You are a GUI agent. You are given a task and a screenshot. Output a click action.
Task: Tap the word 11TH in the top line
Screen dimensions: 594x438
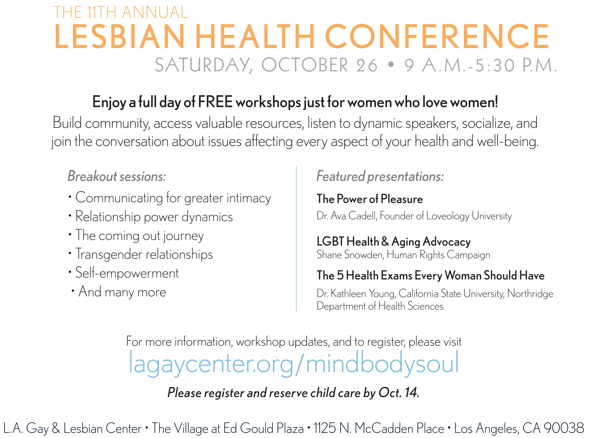(x=102, y=12)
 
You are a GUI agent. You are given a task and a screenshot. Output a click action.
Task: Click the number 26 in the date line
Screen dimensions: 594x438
(x=367, y=65)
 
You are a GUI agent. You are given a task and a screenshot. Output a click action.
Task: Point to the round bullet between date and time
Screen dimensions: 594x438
(x=391, y=64)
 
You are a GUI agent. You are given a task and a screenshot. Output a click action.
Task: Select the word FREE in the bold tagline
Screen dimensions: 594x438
(x=215, y=102)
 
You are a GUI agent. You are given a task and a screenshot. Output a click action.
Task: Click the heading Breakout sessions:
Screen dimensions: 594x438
(x=117, y=176)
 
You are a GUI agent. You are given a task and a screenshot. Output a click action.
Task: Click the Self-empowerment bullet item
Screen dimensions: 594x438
(x=127, y=273)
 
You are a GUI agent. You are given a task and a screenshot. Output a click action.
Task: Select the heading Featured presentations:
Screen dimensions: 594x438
(x=380, y=176)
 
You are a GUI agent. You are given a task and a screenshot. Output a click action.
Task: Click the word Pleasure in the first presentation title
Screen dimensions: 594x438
(x=402, y=199)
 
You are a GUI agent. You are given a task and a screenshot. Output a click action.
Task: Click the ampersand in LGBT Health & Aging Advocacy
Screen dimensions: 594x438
(x=385, y=241)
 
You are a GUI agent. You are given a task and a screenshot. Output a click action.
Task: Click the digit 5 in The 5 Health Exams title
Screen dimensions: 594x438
(x=340, y=275)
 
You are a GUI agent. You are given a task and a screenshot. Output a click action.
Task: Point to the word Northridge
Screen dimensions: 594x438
(x=530, y=294)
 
